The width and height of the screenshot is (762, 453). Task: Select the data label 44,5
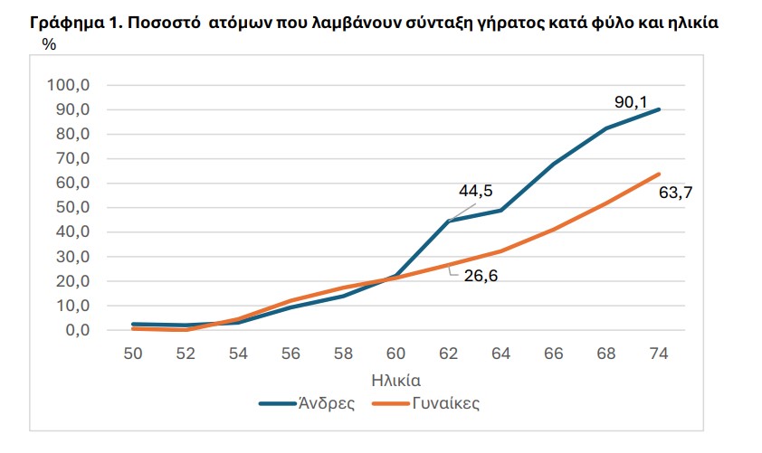[474, 190]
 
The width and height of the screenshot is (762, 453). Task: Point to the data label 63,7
[686, 191]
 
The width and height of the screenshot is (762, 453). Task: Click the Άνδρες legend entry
[326, 403]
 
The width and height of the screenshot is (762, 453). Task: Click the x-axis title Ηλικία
[395, 378]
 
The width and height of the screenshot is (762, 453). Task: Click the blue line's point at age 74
[659, 109]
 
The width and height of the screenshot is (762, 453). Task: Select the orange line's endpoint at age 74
[659, 175]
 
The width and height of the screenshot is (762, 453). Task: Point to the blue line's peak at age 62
[448, 221]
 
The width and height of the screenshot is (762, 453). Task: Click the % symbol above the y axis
[49, 45]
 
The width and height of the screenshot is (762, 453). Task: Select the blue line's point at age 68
[605, 128]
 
